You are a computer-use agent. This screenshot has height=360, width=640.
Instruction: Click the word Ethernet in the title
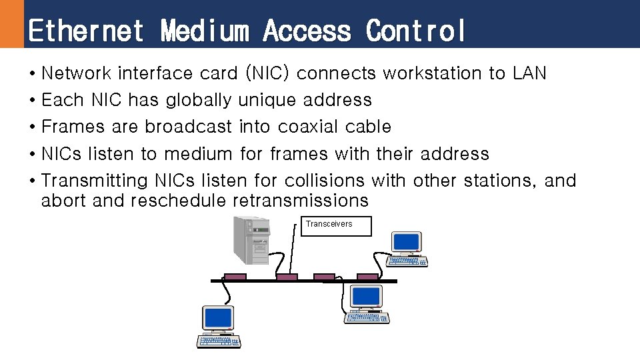pyautogui.click(x=86, y=31)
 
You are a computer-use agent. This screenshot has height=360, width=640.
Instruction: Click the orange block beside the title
pyautogui.click(x=11, y=23)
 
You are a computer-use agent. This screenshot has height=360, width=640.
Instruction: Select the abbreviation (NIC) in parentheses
pyautogui.click(x=267, y=73)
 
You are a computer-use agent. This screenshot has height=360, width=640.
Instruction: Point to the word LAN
pyautogui.click(x=529, y=73)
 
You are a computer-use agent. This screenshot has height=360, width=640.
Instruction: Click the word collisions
pyautogui.click(x=325, y=181)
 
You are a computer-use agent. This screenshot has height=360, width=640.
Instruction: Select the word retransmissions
pyautogui.click(x=301, y=201)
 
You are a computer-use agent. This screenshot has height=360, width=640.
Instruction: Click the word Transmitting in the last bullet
pyautogui.click(x=94, y=181)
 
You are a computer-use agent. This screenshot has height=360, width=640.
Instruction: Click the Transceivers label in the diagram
pyautogui.click(x=329, y=224)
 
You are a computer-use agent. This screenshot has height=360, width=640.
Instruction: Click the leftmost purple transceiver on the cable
pyautogui.click(x=235, y=277)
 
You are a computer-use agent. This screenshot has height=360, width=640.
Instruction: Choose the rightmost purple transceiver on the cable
pyautogui.click(x=367, y=277)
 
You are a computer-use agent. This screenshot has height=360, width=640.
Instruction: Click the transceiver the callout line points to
pyautogui.click(x=287, y=277)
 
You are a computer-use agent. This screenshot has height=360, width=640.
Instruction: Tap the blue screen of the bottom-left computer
pyautogui.click(x=218, y=317)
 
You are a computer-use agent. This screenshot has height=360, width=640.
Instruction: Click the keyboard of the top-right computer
pyautogui.click(x=407, y=262)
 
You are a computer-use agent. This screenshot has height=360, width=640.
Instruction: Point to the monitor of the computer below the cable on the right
pyautogui.click(x=367, y=296)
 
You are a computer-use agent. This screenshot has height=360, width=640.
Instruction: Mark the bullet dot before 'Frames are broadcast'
pyautogui.click(x=32, y=127)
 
